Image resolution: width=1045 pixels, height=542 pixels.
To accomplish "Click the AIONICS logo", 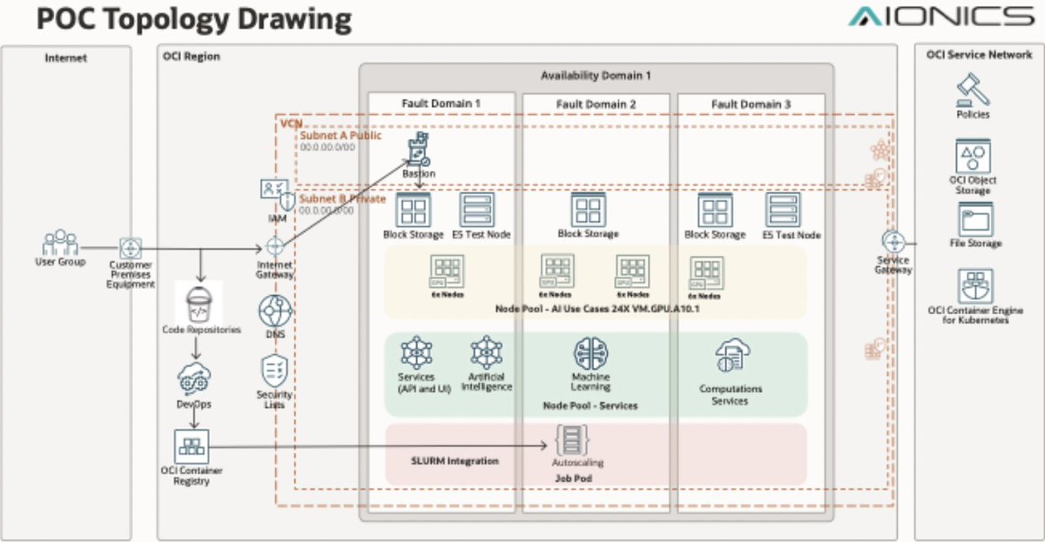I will (940, 17).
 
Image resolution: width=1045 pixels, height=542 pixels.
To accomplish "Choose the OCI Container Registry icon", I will (191, 446).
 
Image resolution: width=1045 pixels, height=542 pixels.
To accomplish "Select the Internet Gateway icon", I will (275, 247).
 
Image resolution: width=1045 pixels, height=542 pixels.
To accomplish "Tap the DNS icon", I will (275, 311).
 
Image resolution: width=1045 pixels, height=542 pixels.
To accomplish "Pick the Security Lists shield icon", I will (275, 371).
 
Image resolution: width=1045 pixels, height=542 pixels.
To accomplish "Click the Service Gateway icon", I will (893, 241).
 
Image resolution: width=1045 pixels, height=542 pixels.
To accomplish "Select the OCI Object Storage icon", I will (973, 157).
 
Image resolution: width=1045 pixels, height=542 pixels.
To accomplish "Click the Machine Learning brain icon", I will (590, 353).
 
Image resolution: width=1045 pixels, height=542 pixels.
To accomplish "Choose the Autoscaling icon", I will (573, 439).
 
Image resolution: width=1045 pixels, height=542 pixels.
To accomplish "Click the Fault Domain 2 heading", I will (596, 104).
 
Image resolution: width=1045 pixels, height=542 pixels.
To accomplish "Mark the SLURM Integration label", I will (455, 460).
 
